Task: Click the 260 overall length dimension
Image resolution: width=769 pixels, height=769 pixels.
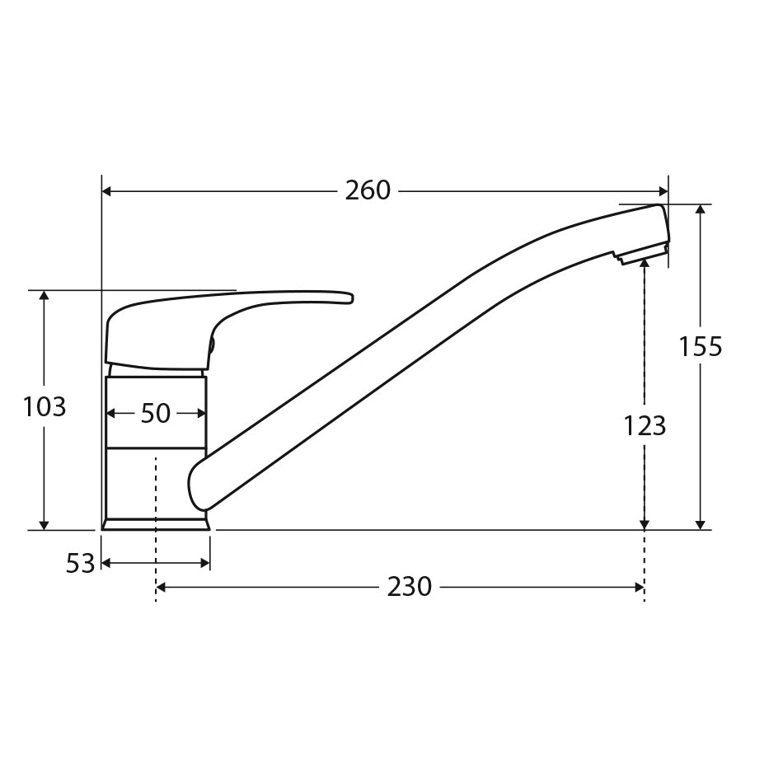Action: [x=368, y=190]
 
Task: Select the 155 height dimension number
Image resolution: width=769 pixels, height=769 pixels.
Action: [x=700, y=347]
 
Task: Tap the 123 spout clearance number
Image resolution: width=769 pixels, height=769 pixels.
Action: [x=644, y=426]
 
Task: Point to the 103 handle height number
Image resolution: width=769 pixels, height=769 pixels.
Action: [x=45, y=406]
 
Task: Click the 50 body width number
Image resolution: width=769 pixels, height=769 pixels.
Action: [x=155, y=414]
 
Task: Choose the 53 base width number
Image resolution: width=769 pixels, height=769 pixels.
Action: [x=80, y=564]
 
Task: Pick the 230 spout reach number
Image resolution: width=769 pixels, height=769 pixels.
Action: [x=409, y=587]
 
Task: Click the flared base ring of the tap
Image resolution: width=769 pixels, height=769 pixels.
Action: [x=156, y=524]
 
